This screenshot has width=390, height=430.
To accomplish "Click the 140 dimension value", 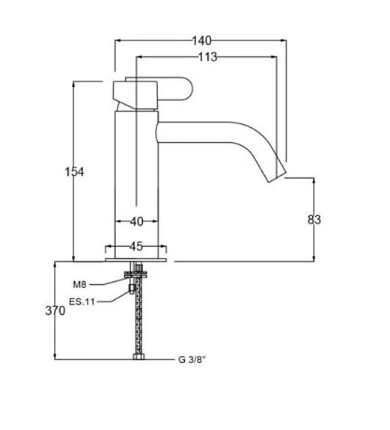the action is (201, 40).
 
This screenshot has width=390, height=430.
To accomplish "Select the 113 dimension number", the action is (208, 57).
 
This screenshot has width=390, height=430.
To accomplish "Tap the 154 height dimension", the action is (74, 172).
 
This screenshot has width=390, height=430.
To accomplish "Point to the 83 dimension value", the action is (314, 220).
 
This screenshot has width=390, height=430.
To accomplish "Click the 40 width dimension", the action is (137, 221).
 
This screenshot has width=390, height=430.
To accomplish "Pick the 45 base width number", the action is (136, 246).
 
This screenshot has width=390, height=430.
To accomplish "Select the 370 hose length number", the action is (55, 310).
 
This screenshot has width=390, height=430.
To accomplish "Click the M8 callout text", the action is (79, 285).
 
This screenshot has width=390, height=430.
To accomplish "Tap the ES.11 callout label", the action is (82, 302).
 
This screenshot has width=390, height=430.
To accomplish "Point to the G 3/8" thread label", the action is (192, 360).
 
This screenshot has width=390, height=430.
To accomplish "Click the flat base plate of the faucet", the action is (135, 259).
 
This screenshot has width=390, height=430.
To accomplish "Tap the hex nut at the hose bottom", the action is (139, 357).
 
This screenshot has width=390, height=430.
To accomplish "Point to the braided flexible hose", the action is (139, 316).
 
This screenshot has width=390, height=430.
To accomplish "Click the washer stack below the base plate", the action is (135, 274).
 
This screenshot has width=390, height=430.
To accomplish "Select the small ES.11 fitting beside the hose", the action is (132, 289).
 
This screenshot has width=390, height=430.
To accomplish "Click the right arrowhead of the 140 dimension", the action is (284, 40).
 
